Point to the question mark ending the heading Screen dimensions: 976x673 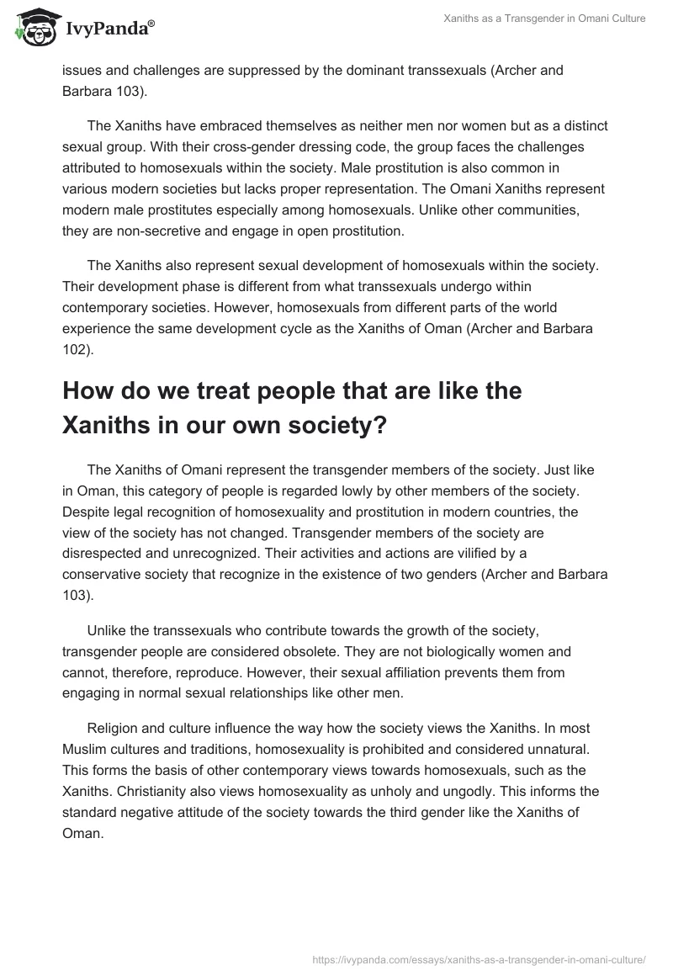379,425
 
